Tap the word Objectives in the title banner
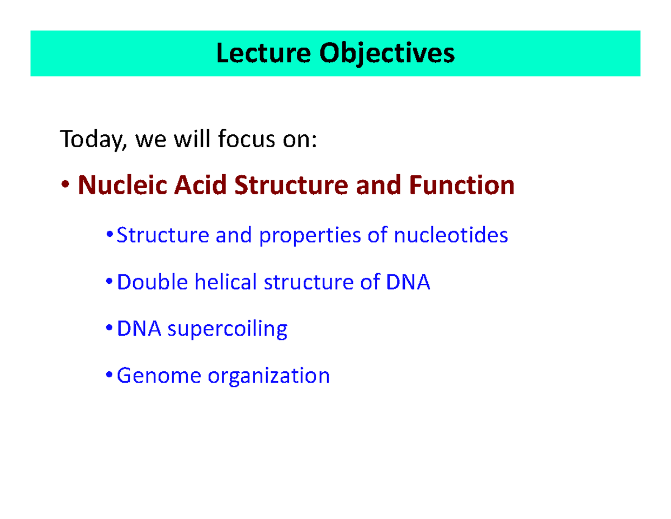pyautogui.click(x=386, y=54)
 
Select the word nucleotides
pyautogui.click(x=451, y=235)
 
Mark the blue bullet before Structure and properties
pyautogui.click(x=109, y=235)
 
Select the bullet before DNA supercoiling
pyautogui.click(x=109, y=328)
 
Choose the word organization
pyautogui.click(x=269, y=376)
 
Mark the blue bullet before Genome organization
pyautogui.click(x=109, y=375)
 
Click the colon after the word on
pyautogui.click(x=313, y=141)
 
